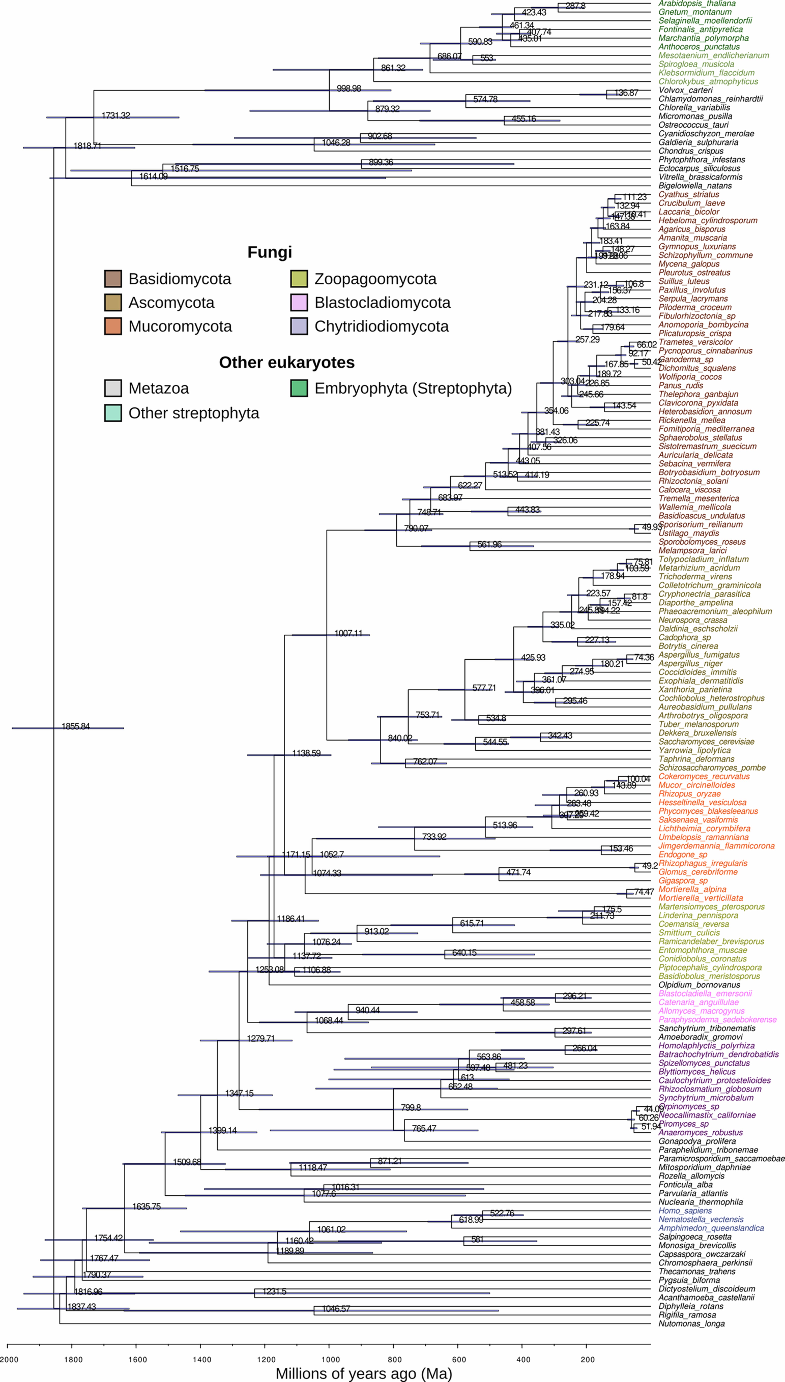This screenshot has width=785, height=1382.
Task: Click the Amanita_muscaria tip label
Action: [x=692, y=238]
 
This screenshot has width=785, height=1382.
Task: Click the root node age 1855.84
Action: [x=76, y=727]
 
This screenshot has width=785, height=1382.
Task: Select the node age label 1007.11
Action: [x=348, y=633]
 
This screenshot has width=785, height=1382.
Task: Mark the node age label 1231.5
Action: [x=274, y=1291]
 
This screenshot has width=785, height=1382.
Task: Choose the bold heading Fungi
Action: [x=270, y=252]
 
